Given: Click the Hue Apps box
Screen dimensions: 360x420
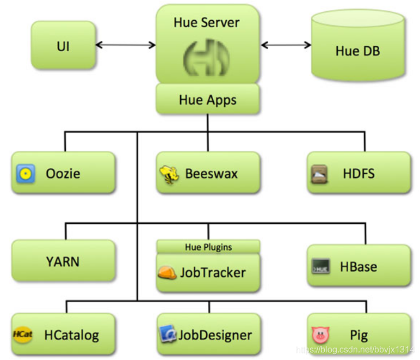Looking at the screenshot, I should point(207,100).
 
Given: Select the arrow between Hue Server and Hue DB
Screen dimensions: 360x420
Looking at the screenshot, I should point(284,45).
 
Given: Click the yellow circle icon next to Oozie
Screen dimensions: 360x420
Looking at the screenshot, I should point(26,174).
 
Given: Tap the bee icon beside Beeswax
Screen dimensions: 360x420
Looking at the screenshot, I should point(169,174).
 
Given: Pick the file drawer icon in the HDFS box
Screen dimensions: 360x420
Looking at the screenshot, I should point(319,174).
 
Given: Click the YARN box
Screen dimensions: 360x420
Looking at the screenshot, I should point(63,261).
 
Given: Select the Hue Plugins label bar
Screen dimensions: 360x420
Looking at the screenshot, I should point(208,247).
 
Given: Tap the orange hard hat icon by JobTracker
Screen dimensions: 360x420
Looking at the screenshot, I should point(167,273).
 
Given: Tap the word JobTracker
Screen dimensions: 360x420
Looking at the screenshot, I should point(213,272).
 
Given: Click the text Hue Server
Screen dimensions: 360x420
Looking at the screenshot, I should point(207,22).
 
